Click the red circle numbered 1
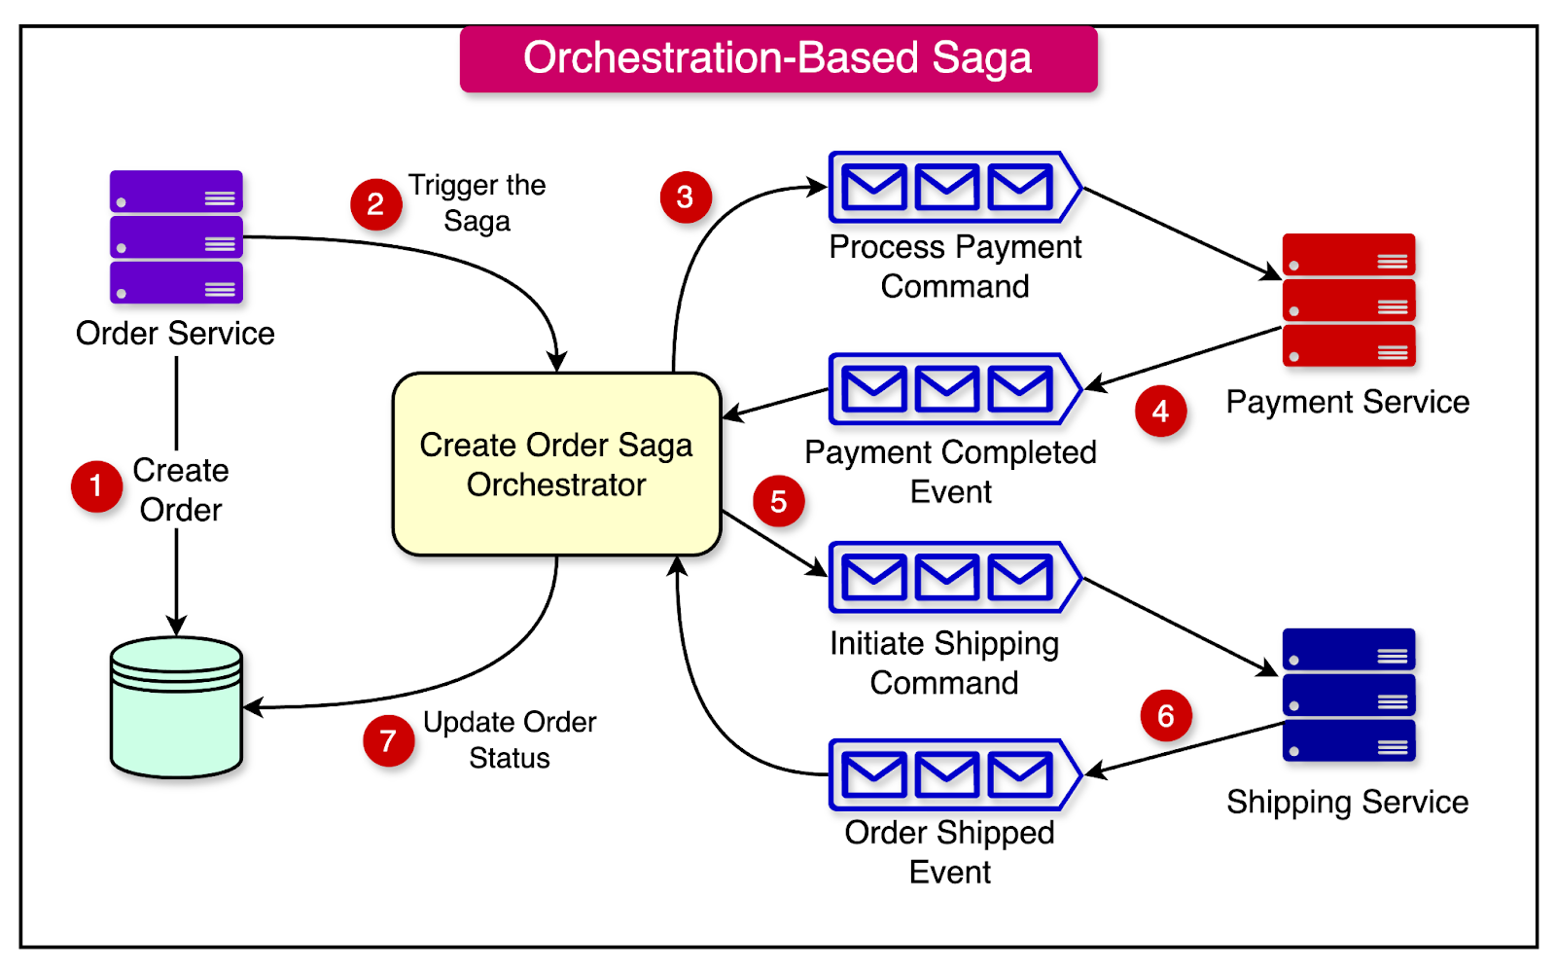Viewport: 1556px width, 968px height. click(96, 485)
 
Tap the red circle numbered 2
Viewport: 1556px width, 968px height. click(375, 204)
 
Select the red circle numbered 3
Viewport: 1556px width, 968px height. click(686, 197)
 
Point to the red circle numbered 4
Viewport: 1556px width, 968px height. click(1160, 412)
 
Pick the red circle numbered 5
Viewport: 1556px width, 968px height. click(778, 502)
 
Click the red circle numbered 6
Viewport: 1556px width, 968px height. click(1165, 716)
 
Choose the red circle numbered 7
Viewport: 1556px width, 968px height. click(388, 741)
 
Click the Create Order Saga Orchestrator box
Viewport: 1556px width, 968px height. click(556, 464)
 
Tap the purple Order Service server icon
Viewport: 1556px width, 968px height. click(176, 237)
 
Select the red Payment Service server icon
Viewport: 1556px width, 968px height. click(1348, 300)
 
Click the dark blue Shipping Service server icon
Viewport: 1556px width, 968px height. click(1348, 695)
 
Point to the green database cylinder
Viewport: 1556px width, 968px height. click(176, 707)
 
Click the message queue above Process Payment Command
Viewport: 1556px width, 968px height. click(953, 187)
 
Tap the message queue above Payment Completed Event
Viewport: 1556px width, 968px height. click(953, 389)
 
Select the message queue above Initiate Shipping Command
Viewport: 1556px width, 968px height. click(953, 577)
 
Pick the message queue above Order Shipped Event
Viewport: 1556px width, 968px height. click(953, 774)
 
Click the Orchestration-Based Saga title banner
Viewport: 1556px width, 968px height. click(778, 58)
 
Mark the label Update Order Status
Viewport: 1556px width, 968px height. click(510, 739)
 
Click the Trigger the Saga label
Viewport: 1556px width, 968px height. click(477, 202)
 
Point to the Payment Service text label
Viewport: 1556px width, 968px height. click(1347, 402)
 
